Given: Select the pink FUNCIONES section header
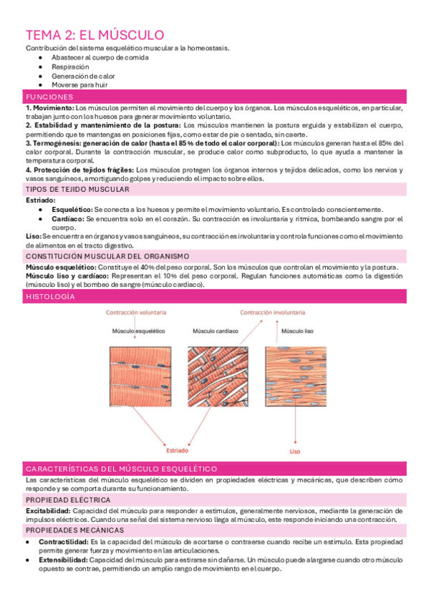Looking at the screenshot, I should (x=49, y=97).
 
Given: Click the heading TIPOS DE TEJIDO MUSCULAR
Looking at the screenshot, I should (x=78, y=190).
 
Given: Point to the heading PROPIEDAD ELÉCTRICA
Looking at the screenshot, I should (x=68, y=499).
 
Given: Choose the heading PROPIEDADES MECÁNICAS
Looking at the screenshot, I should (x=74, y=530).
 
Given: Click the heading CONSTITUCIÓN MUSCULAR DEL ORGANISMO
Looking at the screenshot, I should (x=107, y=256).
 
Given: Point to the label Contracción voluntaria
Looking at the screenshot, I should (x=138, y=313).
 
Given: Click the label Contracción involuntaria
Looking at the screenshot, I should (x=272, y=313).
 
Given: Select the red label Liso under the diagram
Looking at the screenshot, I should (x=295, y=452).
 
